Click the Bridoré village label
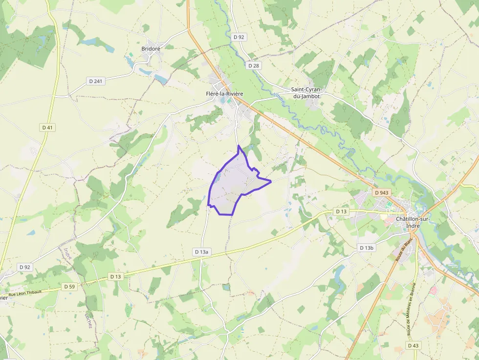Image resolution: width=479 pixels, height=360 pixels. coord(151,48)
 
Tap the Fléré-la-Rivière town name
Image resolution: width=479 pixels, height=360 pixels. coord(224,93)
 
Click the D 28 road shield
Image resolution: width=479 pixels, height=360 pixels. coord(253,65)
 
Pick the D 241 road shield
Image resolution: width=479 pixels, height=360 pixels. coord(96,81)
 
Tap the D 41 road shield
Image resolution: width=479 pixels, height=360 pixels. coord(47,127)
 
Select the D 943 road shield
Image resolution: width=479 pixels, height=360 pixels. coord(382,193)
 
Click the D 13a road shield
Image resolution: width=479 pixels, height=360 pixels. coord(201,252)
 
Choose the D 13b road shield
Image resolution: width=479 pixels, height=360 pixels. coord(367,248)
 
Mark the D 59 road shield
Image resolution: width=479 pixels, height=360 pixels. coord(69,287)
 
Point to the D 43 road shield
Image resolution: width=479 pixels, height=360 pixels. coord(413,345)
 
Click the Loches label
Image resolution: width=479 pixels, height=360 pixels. coord(88,319)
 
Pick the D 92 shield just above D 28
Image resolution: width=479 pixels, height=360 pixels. coord(239,37)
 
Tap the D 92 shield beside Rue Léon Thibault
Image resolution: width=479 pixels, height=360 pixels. coord(24,267)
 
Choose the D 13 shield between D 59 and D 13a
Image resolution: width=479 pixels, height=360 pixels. coord(115,276)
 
